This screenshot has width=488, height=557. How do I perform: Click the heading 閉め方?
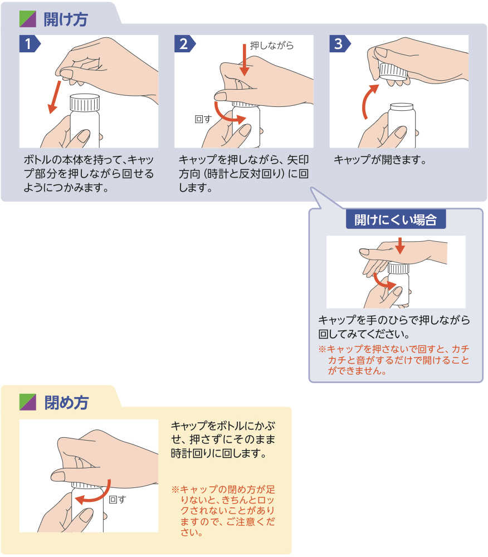coord(65,402)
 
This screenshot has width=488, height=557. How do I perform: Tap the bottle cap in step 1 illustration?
coord(85,102)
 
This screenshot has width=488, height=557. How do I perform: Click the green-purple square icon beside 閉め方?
coord(27,402)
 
